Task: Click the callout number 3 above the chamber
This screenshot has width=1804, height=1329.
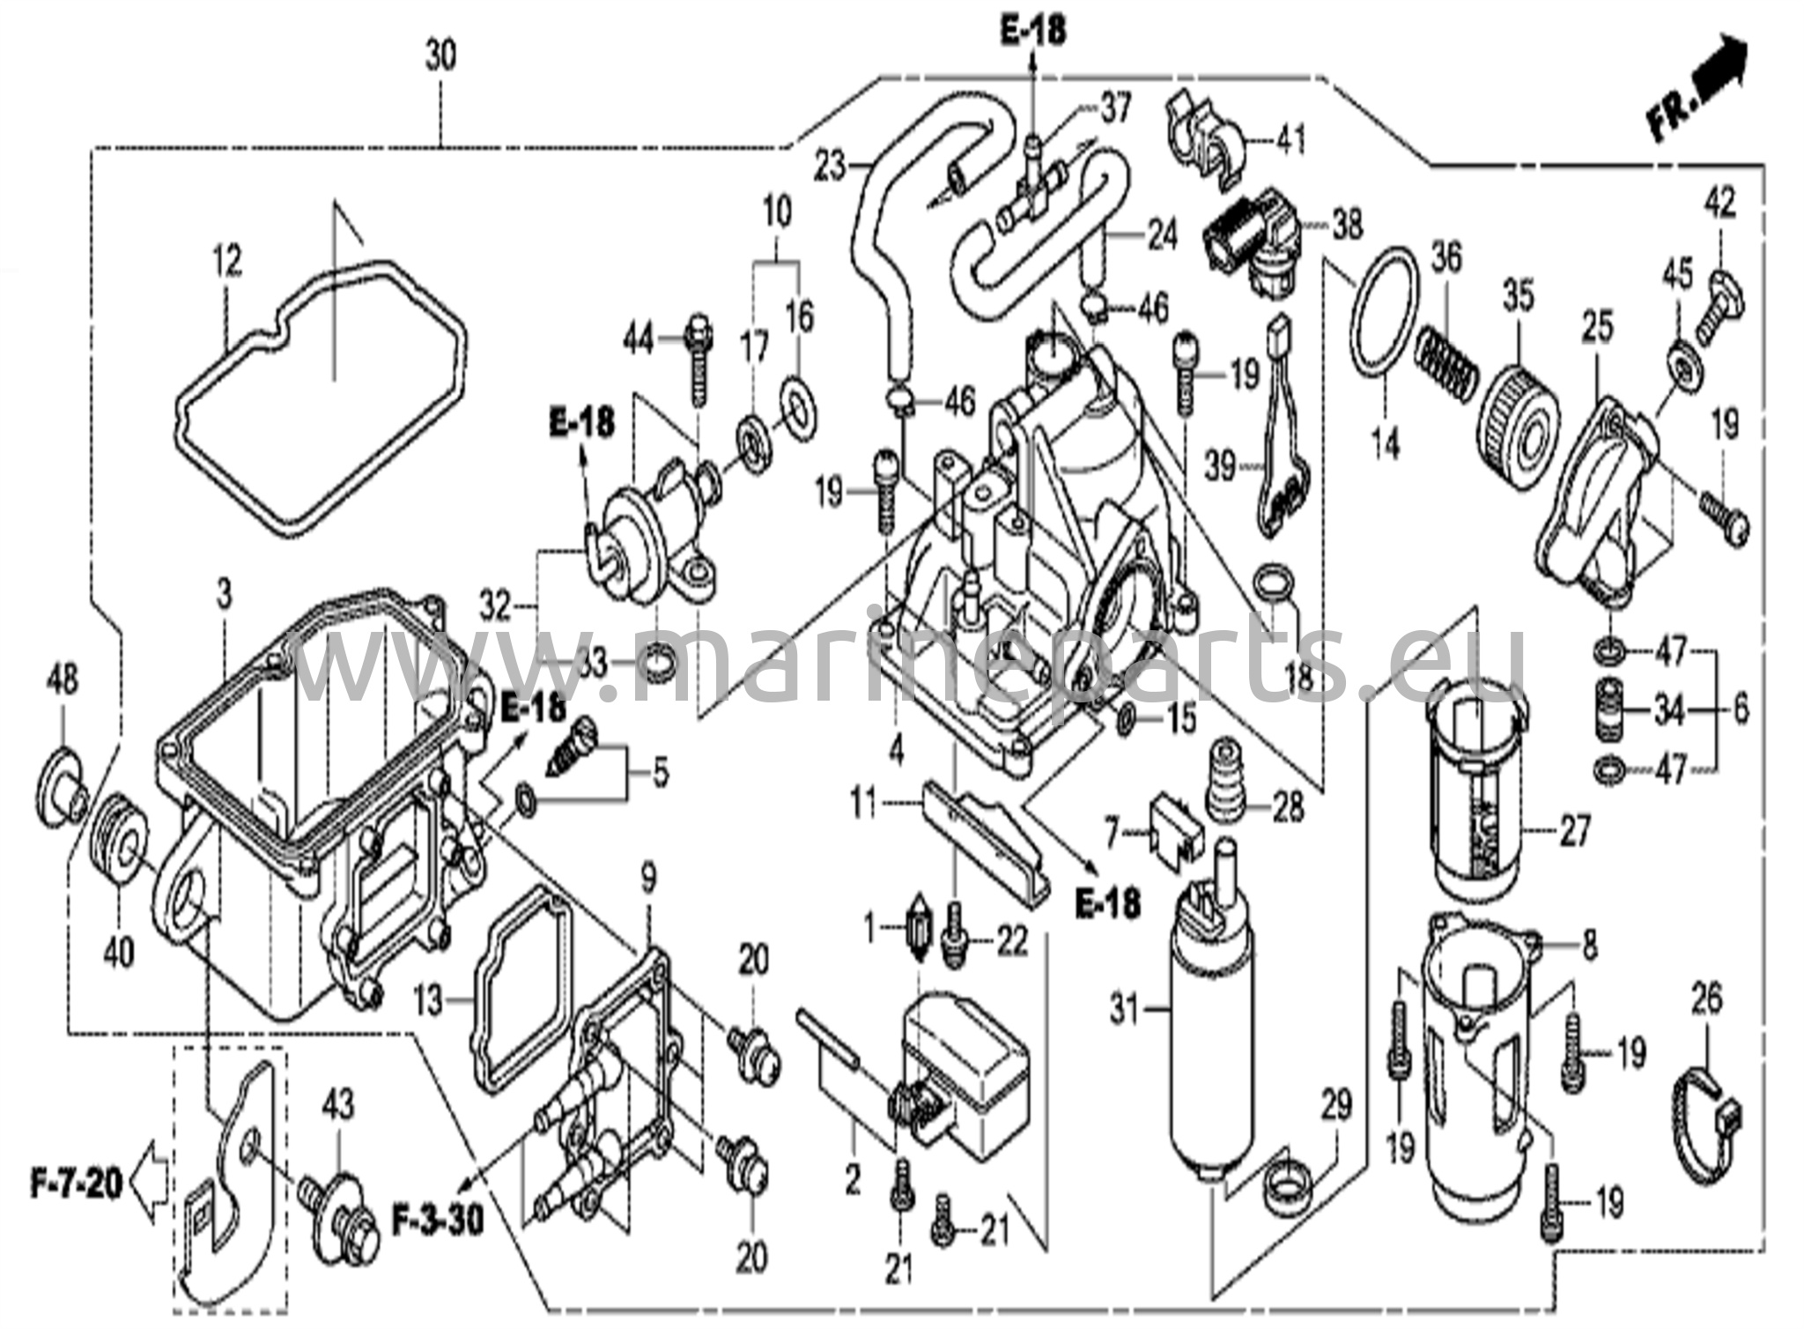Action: (x=224, y=595)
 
